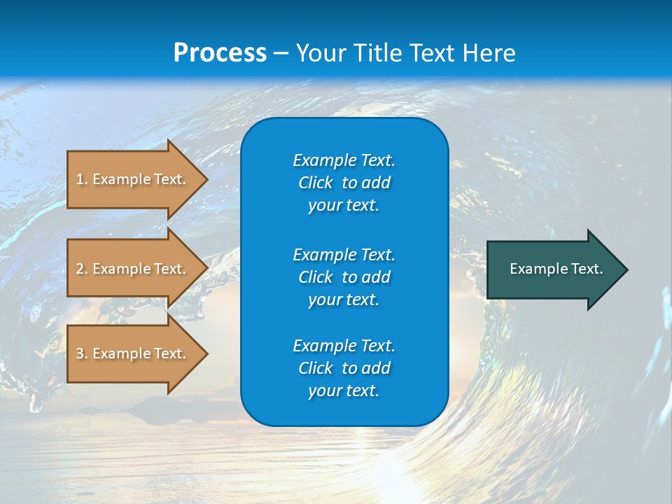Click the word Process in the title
[220, 52]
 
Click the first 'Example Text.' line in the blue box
[344, 160]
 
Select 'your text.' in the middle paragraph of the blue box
[344, 300]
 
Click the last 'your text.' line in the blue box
[344, 391]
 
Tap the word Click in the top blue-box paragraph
[316, 183]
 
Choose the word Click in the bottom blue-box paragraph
[316, 368]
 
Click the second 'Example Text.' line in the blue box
[344, 254]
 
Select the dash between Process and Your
[281, 53]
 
